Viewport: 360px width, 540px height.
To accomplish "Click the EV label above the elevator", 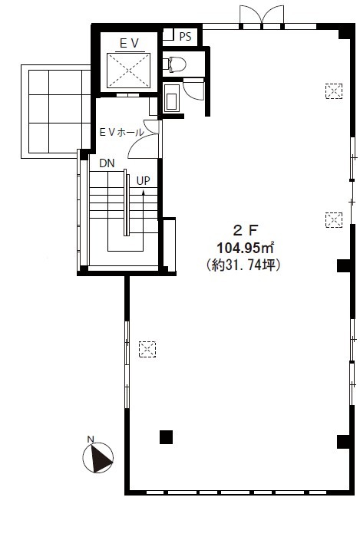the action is tap(129, 44).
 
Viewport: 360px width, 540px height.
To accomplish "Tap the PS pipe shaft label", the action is tap(185, 37).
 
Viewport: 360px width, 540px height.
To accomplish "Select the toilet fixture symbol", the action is tap(174, 64).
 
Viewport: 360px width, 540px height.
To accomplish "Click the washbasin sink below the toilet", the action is tap(172, 98).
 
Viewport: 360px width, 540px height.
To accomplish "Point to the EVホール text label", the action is tap(121, 132).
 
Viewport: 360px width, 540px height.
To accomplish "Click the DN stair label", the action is tap(107, 163).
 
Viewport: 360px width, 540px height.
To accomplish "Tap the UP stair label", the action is tap(144, 181).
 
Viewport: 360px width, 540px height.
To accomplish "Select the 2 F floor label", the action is tap(246, 230).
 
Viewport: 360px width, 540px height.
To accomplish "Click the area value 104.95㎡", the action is tap(246, 247).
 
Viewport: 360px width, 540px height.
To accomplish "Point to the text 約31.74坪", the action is tap(243, 265).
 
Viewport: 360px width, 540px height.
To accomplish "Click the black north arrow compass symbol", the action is tap(98, 458).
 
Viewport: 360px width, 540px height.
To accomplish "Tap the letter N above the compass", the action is tap(91, 439).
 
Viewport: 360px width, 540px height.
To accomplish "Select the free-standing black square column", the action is tap(166, 437).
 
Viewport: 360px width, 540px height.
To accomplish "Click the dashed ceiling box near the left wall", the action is tap(147, 349).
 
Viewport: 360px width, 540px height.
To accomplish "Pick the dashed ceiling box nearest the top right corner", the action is tap(334, 91).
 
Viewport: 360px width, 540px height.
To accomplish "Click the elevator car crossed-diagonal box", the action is tap(128, 71).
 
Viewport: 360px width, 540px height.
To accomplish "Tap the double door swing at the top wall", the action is tap(262, 15).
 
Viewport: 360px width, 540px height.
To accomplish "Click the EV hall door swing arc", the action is tap(142, 144).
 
